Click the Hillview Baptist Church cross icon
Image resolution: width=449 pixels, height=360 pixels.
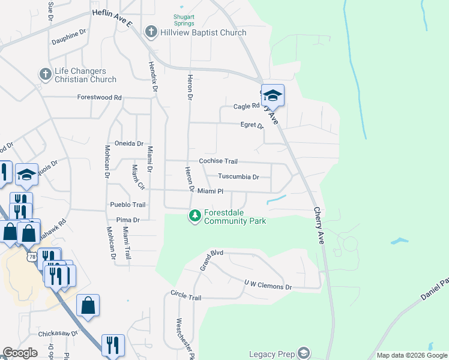(x=151, y=32)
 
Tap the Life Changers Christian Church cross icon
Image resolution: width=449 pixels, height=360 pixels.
(x=45, y=74)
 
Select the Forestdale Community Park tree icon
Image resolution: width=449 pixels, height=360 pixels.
(x=195, y=216)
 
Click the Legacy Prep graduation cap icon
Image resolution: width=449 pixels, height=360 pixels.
(x=304, y=353)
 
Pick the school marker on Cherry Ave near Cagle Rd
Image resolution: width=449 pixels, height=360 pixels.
(x=273, y=96)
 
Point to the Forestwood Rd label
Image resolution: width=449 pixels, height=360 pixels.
(x=100, y=97)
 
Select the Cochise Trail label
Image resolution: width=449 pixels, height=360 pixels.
(x=218, y=161)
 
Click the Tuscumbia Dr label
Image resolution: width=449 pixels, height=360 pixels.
(x=238, y=177)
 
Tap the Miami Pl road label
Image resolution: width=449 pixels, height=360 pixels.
(x=210, y=191)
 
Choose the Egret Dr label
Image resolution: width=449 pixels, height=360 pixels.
(x=252, y=126)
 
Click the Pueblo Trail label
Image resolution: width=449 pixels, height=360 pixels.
(x=128, y=205)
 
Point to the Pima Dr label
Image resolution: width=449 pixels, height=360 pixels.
(x=128, y=220)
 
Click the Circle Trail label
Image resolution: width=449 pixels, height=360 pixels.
(x=186, y=297)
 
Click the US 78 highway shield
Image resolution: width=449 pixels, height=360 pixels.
(x=31, y=256)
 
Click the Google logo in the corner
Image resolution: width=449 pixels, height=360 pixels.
(x=20, y=353)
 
